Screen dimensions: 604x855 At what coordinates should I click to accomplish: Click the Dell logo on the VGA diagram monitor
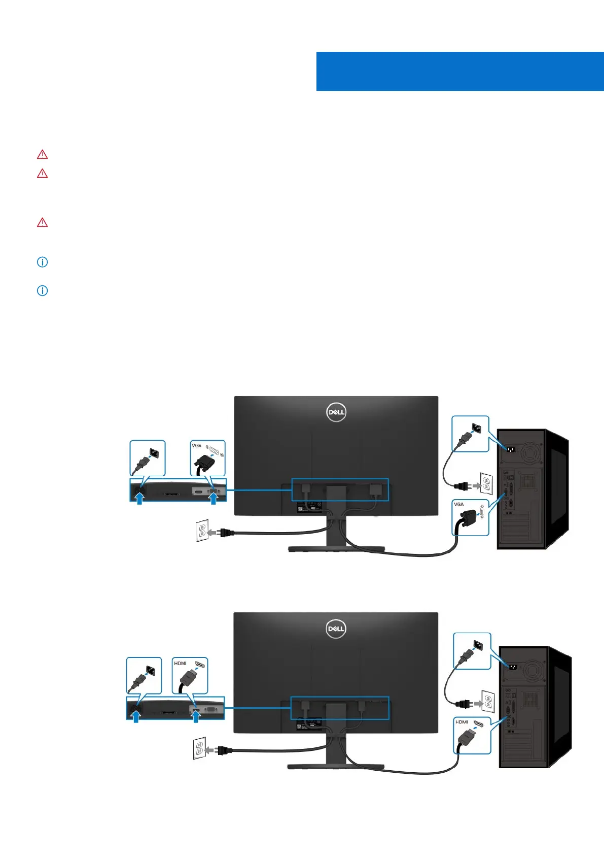click(x=336, y=412)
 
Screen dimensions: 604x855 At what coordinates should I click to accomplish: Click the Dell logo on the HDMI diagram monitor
click(x=336, y=629)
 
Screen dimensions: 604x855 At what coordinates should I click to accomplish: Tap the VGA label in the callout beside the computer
click(x=459, y=504)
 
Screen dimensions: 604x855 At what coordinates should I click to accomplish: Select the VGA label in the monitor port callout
click(x=196, y=445)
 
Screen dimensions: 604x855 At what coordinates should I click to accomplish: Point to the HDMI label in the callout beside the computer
click(x=461, y=721)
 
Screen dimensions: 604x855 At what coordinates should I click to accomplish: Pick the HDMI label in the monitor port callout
click(x=180, y=663)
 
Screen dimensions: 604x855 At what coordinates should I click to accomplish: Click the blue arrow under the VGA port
click(x=214, y=499)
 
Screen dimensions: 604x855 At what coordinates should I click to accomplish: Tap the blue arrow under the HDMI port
click(x=195, y=715)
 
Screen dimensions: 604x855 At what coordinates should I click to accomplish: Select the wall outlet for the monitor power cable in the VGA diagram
click(x=201, y=531)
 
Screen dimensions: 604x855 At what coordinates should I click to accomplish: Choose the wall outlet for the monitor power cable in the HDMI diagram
click(x=199, y=748)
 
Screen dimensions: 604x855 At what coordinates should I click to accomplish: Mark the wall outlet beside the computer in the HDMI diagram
click(x=487, y=701)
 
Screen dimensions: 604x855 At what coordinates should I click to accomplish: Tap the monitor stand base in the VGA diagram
click(x=336, y=549)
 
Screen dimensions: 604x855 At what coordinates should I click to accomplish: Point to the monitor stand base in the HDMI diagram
click(x=336, y=766)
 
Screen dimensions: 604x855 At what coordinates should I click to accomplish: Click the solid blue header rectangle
click(x=459, y=71)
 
